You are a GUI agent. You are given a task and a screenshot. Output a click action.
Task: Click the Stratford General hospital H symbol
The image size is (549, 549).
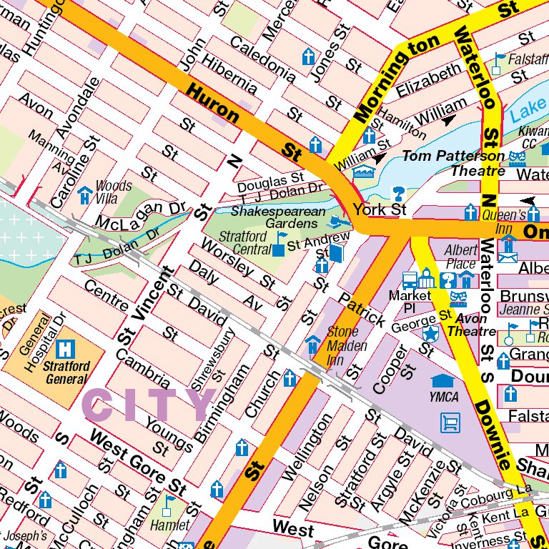click(66, 349)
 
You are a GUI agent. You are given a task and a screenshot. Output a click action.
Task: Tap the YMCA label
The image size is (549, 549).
click(444, 397)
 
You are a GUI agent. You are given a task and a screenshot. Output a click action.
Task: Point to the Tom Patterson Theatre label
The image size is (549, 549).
click(453, 163)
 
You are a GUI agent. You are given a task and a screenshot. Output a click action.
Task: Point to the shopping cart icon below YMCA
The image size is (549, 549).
click(450, 422)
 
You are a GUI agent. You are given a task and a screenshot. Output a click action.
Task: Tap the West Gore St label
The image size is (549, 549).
click(138, 464)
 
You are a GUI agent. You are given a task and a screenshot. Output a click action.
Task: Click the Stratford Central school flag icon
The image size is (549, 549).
click(280, 244)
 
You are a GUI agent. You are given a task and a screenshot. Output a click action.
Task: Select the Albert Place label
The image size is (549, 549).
click(460, 256)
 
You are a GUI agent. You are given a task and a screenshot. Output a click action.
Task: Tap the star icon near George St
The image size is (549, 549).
click(430, 333)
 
